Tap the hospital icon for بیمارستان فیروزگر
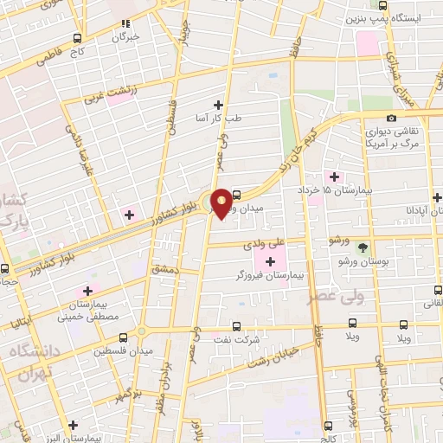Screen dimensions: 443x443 (x=271, y=261)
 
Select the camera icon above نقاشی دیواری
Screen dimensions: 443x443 (x=391, y=119)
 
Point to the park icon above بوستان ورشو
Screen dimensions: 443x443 (x=363, y=247)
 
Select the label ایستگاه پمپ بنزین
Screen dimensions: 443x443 (x=394, y=18)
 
